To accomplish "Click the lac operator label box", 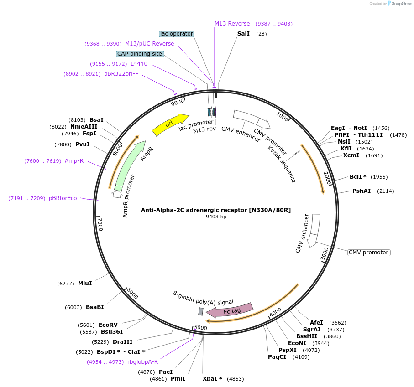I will tap(177, 34).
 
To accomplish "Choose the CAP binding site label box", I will tap(140, 54).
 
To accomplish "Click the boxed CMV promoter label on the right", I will tap(369, 253).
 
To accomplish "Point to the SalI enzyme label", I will tap(243, 34).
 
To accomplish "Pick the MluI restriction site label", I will tap(85, 284).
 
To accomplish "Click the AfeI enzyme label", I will tap(316, 322).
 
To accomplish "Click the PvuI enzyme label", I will tap(82, 144).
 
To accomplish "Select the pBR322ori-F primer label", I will tap(121, 73).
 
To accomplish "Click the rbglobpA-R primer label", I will tap(142, 362).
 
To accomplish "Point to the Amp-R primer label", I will tap(74, 160).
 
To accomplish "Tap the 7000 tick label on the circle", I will tap(100, 224).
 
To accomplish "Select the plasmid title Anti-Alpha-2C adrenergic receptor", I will tap(216, 210).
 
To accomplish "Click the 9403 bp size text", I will tap(216, 217).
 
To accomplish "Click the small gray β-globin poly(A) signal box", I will tap(200, 311).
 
